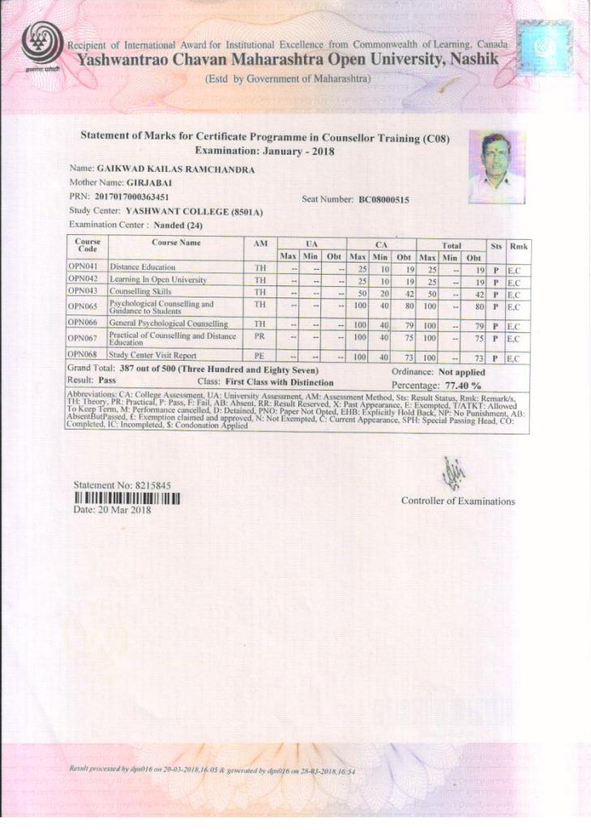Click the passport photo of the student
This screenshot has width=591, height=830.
[x=495, y=166]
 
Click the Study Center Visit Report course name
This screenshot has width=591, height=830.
[x=153, y=355]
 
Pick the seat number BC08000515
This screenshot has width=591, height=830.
[x=383, y=199]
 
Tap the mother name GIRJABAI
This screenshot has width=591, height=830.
[x=148, y=183]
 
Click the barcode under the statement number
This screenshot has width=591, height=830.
[x=126, y=498]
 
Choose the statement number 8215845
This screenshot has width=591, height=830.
[x=148, y=486]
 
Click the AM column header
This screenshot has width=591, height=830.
[x=259, y=242]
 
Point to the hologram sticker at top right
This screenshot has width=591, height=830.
[x=544, y=48]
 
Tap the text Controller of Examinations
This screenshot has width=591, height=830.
[x=457, y=501]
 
